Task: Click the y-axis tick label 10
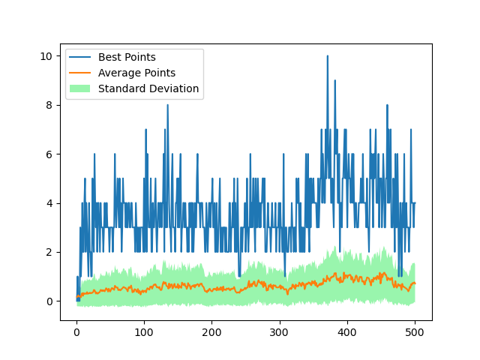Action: tap(46, 56)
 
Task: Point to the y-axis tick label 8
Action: tap(49, 105)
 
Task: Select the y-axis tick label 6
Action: tap(49, 154)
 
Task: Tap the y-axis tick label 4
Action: tap(49, 203)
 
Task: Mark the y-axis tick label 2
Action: tap(49, 252)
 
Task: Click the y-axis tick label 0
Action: tap(49, 301)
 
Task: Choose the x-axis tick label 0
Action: tap(76, 333)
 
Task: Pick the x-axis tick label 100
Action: tap(144, 333)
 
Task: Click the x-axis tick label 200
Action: tap(211, 333)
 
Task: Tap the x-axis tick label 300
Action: tap(279, 333)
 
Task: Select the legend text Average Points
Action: tap(136, 73)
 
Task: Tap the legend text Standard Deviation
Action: tap(148, 88)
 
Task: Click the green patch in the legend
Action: tap(80, 88)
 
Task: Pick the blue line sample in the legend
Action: tap(80, 57)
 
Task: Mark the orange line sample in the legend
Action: tap(80, 73)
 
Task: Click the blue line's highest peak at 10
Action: tap(327, 56)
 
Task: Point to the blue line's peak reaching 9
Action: tap(334, 81)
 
